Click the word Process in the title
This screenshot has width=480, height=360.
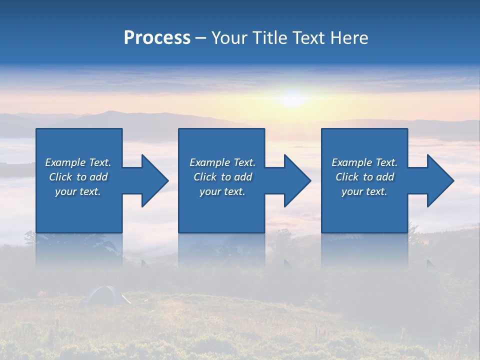point(157,38)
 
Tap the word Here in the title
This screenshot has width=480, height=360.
point(348,38)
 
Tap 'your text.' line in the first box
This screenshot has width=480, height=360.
point(78,191)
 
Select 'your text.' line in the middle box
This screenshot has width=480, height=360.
point(222,191)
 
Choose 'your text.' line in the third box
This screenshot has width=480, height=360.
point(364,191)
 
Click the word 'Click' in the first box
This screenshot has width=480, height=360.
point(60,177)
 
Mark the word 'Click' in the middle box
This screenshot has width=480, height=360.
point(205,177)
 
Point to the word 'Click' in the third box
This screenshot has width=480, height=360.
point(347,177)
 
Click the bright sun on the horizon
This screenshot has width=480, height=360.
point(293,97)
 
